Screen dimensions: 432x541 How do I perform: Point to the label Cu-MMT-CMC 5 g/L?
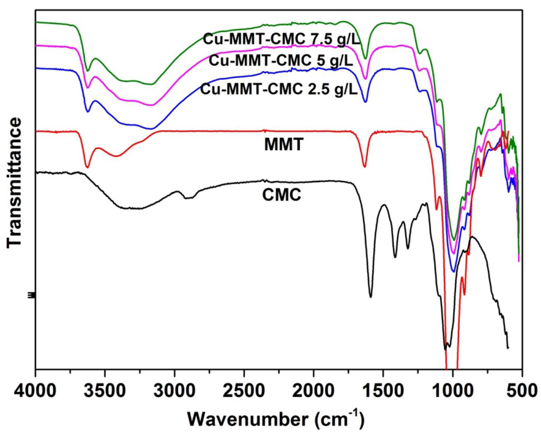281,61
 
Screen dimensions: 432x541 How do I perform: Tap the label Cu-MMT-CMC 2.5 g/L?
279,89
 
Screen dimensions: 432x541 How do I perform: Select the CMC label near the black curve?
282,195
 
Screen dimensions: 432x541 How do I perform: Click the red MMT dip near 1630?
364,167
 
